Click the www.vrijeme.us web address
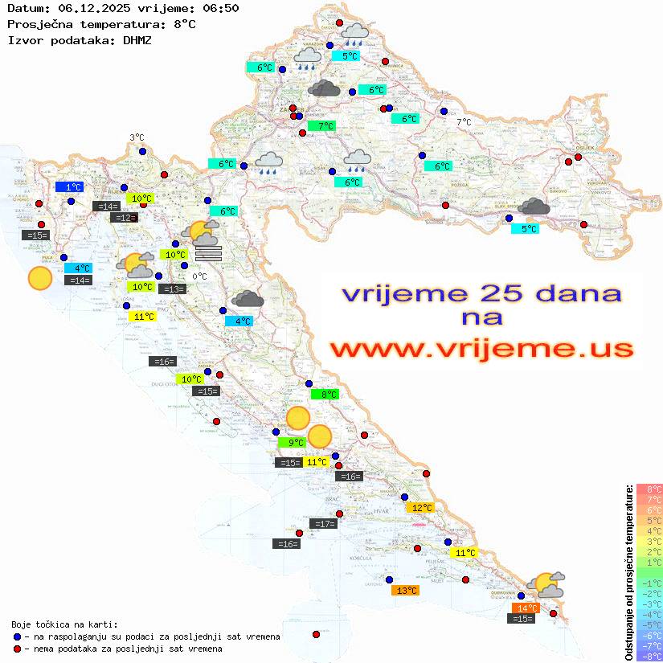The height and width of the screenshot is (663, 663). tap(481, 349)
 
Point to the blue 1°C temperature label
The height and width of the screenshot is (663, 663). tap(69, 187)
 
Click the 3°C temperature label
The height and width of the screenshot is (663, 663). tap(137, 138)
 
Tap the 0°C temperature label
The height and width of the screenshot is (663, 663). tap(200, 276)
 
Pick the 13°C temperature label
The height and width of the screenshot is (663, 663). tap(404, 591)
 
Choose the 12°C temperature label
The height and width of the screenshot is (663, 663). tap(421, 508)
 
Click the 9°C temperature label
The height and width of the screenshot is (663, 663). tap(292, 442)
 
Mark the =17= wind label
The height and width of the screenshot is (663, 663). tap(323, 524)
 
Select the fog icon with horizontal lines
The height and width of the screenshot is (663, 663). tap(207, 254)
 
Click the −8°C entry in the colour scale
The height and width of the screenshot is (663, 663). tap(649, 656)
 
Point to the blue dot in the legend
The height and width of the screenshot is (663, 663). tap(17, 636)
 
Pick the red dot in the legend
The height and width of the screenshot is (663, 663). tap(17, 649)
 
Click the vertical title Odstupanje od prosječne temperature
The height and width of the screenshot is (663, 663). tap(628, 573)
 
